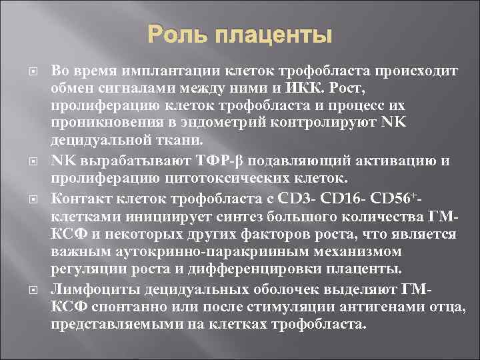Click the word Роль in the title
click(175, 35)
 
